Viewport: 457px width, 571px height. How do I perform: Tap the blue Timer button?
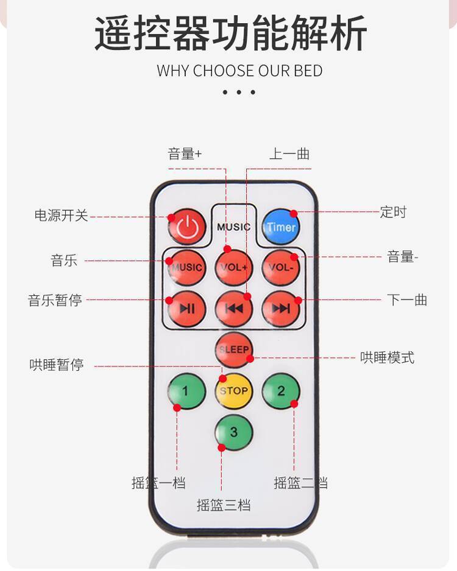point(281,227)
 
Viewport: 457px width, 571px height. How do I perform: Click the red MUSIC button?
point(186,267)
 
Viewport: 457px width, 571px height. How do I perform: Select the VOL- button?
point(281,267)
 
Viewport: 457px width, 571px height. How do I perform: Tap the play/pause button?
point(186,309)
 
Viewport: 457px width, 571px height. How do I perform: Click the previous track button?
point(234,309)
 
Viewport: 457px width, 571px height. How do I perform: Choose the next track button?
point(281,309)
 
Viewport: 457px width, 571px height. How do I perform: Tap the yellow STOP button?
point(234,391)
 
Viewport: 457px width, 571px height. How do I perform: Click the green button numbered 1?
point(186,391)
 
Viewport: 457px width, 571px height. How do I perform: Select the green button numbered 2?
point(281,391)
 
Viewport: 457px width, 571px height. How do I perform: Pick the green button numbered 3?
point(234,432)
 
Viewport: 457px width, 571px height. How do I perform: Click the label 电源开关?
point(61,215)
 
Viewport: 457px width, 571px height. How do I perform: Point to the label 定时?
point(393,212)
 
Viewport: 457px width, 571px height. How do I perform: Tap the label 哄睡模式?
point(387,358)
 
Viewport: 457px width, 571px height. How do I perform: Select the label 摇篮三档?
point(224,505)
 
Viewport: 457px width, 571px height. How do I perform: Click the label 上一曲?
point(289,154)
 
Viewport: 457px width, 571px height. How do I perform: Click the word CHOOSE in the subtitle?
point(222,71)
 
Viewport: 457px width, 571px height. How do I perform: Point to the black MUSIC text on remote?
point(234,227)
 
